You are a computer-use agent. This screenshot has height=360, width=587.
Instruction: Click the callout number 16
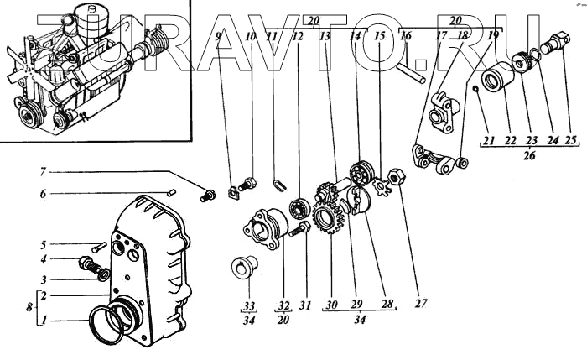pyautogui.click(x=405, y=36)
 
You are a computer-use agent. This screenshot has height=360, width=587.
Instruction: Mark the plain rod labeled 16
pyautogui.click(x=418, y=68)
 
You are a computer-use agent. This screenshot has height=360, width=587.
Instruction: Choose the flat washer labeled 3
pyautogui.click(x=102, y=274)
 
